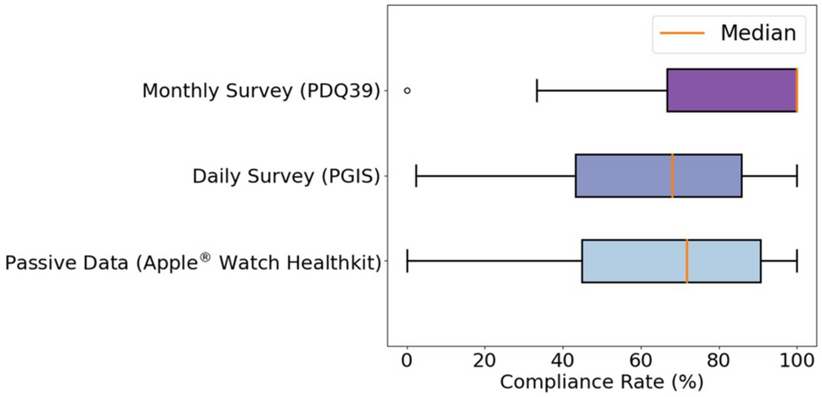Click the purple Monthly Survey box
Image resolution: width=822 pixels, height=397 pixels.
click(x=731, y=90)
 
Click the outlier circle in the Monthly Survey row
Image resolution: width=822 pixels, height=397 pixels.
click(x=408, y=90)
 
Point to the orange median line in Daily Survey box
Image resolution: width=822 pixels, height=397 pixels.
click(x=673, y=176)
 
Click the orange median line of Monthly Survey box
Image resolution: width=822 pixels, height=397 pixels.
click(x=797, y=90)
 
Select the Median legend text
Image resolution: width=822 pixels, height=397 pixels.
click(x=757, y=33)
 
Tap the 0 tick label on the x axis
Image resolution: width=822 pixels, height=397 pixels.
click(x=408, y=360)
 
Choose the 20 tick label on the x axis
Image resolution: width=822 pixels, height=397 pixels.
click(x=485, y=360)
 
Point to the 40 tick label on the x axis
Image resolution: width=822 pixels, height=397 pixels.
click(x=563, y=360)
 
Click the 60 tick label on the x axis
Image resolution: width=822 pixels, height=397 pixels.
click(x=641, y=360)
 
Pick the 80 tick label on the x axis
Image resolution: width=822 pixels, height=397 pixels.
click(x=719, y=360)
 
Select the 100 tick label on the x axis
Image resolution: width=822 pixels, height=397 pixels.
click(x=797, y=360)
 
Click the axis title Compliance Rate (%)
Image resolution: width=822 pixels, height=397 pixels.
click(x=601, y=383)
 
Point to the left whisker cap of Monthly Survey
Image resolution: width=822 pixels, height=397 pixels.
click(x=538, y=90)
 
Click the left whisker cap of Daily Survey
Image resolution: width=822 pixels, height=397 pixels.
click(x=416, y=176)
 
